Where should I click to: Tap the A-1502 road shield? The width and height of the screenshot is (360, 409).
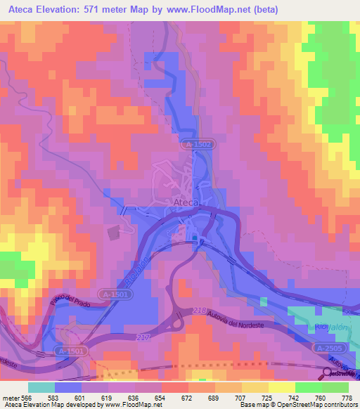tap(198, 144)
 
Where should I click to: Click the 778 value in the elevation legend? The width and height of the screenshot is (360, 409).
tap(345, 397)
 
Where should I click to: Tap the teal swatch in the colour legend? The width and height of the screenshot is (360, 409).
tap(41, 387)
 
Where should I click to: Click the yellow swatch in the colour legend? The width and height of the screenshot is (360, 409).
tap(282, 387)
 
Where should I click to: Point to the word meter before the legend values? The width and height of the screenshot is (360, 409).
tap(11, 397)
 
